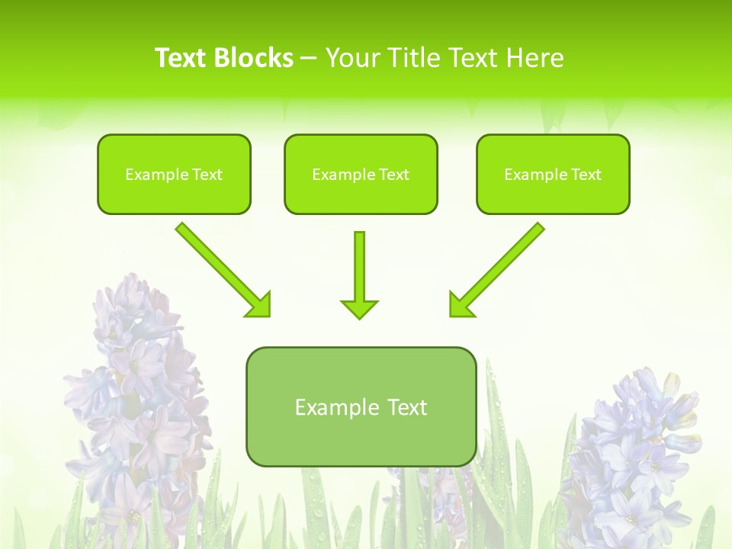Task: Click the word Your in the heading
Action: pos(353,58)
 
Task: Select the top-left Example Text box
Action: pos(174,174)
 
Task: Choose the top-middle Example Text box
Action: pos(361,174)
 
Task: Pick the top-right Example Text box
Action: pos(553,174)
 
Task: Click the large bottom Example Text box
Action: pos(361,406)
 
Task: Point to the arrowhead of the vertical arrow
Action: pos(359,308)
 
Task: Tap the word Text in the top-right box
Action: pos(586,175)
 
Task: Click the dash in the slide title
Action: pos(309,59)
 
